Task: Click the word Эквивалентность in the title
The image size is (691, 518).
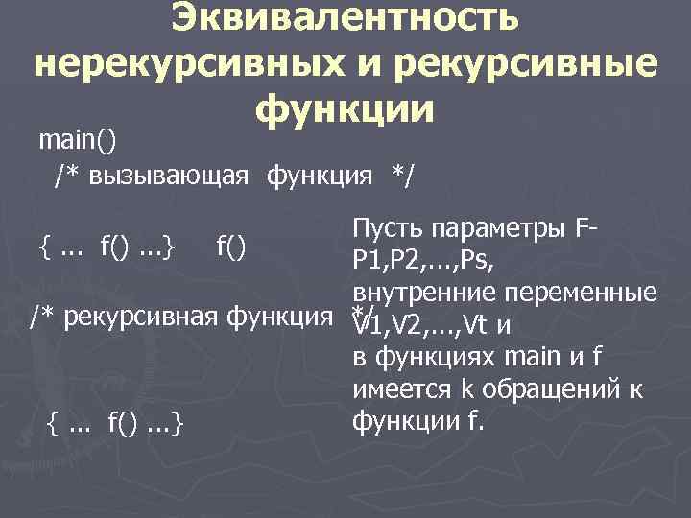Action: click(345, 17)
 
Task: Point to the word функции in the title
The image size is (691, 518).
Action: click(345, 110)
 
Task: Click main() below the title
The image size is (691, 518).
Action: click(78, 140)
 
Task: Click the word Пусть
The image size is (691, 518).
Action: click(390, 231)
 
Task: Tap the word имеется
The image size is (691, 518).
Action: click(398, 388)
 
